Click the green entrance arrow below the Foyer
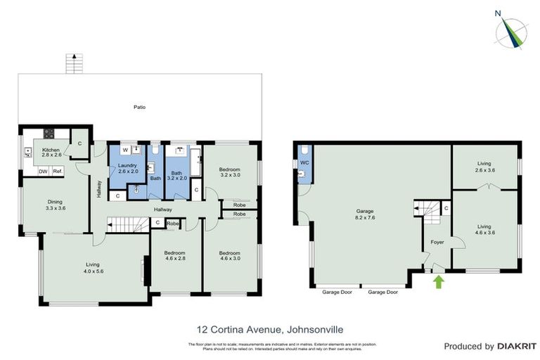coord(439,283)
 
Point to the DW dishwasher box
coord(43,172)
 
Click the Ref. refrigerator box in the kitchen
coord(58,172)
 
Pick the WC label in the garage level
coord(304,162)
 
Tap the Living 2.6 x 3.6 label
coord(484,166)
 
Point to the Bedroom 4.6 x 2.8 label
coord(174,256)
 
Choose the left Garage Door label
coord(336,291)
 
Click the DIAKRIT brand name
coord(516,346)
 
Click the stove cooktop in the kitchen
coord(49,133)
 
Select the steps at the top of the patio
coord(70,63)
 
